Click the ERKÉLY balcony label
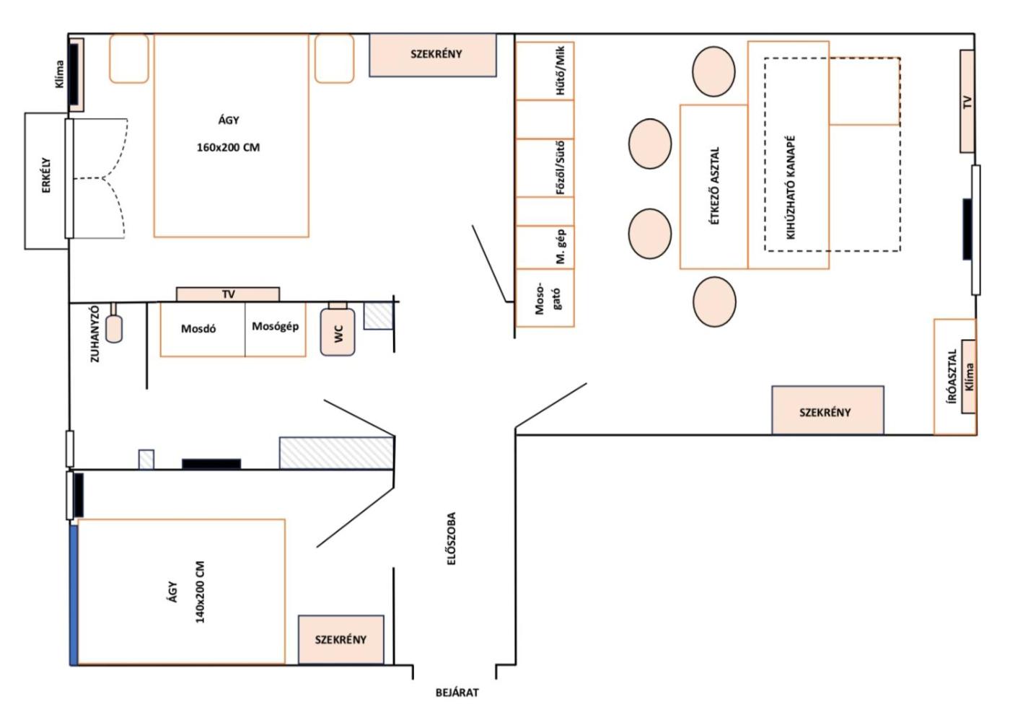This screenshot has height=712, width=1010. click(x=46, y=175)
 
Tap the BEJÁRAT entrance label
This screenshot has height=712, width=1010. click(x=457, y=693)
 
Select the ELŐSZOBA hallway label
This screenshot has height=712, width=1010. click(x=452, y=538)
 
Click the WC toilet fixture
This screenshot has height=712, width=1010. click(x=338, y=329)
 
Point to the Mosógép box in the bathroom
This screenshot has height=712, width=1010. click(x=276, y=330)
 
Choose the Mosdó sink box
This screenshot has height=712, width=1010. click(x=203, y=330)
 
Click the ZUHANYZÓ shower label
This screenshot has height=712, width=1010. click(x=95, y=334)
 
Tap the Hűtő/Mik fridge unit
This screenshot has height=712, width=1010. click(x=545, y=71)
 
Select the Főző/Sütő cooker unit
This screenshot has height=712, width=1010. click(x=545, y=168)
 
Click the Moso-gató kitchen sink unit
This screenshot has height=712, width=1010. click(x=545, y=298)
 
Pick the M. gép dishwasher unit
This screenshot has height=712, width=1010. click(x=545, y=247)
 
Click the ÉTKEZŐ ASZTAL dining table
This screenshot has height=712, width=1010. click(x=713, y=187)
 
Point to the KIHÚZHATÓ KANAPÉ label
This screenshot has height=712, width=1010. click(x=790, y=187)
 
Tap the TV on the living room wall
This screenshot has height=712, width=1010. click(x=967, y=101)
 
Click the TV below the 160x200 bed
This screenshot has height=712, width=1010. click(x=228, y=294)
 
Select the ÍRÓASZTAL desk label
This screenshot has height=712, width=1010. click(x=952, y=377)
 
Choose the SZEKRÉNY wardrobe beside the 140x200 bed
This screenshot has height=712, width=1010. click(x=341, y=640)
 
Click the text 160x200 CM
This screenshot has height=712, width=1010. click(x=228, y=147)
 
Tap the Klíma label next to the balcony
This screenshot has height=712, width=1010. click(x=59, y=74)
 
